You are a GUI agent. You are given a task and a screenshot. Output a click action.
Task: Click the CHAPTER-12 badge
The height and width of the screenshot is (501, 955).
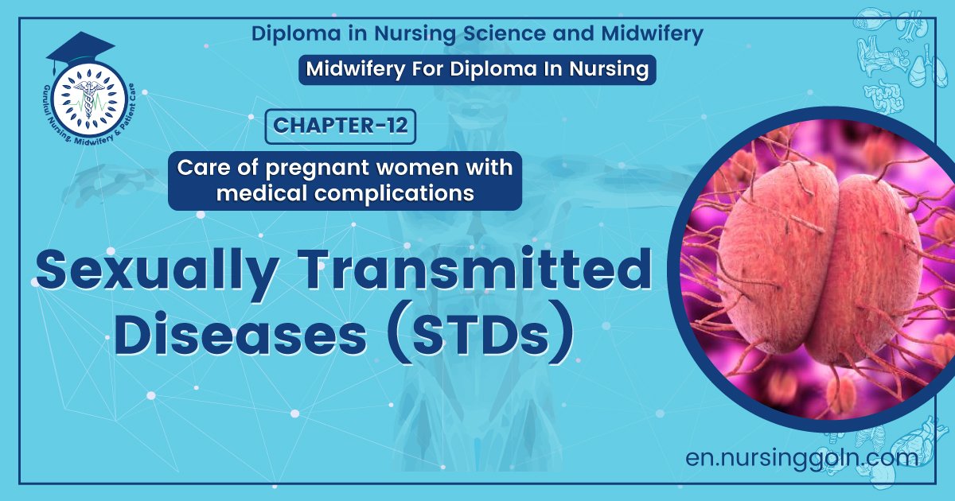340,127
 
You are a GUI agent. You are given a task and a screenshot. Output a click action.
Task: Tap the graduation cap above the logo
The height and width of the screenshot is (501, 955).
80,49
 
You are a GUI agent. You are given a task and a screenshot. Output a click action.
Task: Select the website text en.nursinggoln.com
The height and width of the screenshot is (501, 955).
801,457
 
